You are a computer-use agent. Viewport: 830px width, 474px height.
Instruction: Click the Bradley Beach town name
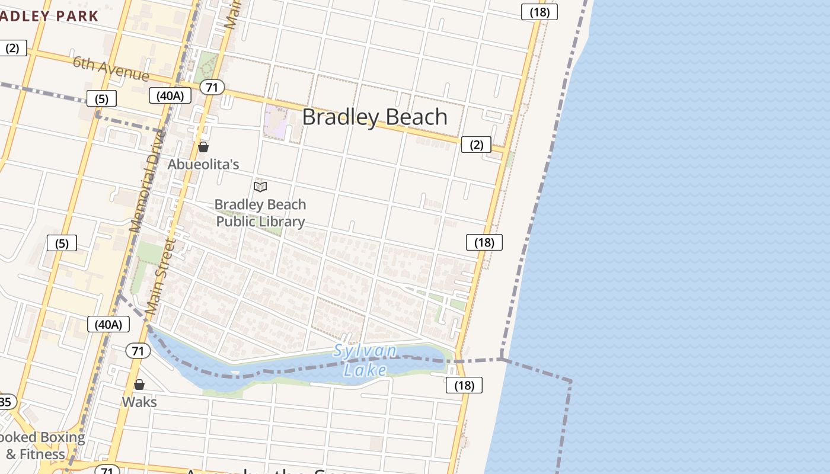pyautogui.click(x=375, y=117)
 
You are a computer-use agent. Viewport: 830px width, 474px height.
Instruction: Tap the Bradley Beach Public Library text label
pyautogui.click(x=260, y=213)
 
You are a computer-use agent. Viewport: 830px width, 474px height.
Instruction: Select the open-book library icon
pyautogui.click(x=260, y=187)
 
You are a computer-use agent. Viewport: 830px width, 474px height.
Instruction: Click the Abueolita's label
pyautogui.click(x=203, y=164)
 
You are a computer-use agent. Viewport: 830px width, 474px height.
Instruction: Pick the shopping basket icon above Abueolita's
pyautogui.click(x=203, y=147)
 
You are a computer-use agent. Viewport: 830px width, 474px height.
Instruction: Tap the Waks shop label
pyautogui.click(x=139, y=402)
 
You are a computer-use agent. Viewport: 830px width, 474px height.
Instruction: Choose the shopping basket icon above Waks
pyautogui.click(x=139, y=385)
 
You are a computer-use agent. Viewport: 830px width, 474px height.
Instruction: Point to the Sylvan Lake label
pyautogui.click(x=365, y=360)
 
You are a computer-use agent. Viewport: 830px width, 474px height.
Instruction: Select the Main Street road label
pyautogui.click(x=161, y=276)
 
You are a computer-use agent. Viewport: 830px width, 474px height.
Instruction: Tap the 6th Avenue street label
pyautogui.click(x=111, y=69)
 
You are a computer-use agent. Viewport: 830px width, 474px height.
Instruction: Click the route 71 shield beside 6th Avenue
pyautogui.click(x=212, y=88)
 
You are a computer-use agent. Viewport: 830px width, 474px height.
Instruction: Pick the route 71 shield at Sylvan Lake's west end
pyautogui.click(x=138, y=351)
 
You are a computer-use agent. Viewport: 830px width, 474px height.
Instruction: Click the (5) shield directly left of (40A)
pyautogui.click(x=101, y=98)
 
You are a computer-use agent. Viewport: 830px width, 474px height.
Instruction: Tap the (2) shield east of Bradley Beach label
pyautogui.click(x=476, y=145)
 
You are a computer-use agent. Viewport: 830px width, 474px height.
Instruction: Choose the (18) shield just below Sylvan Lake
pyautogui.click(x=464, y=385)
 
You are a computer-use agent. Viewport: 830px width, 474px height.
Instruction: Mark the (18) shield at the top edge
pyautogui.click(x=539, y=12)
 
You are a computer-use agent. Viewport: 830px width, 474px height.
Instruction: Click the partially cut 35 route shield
pyautogui.click(x=6, y=402)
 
